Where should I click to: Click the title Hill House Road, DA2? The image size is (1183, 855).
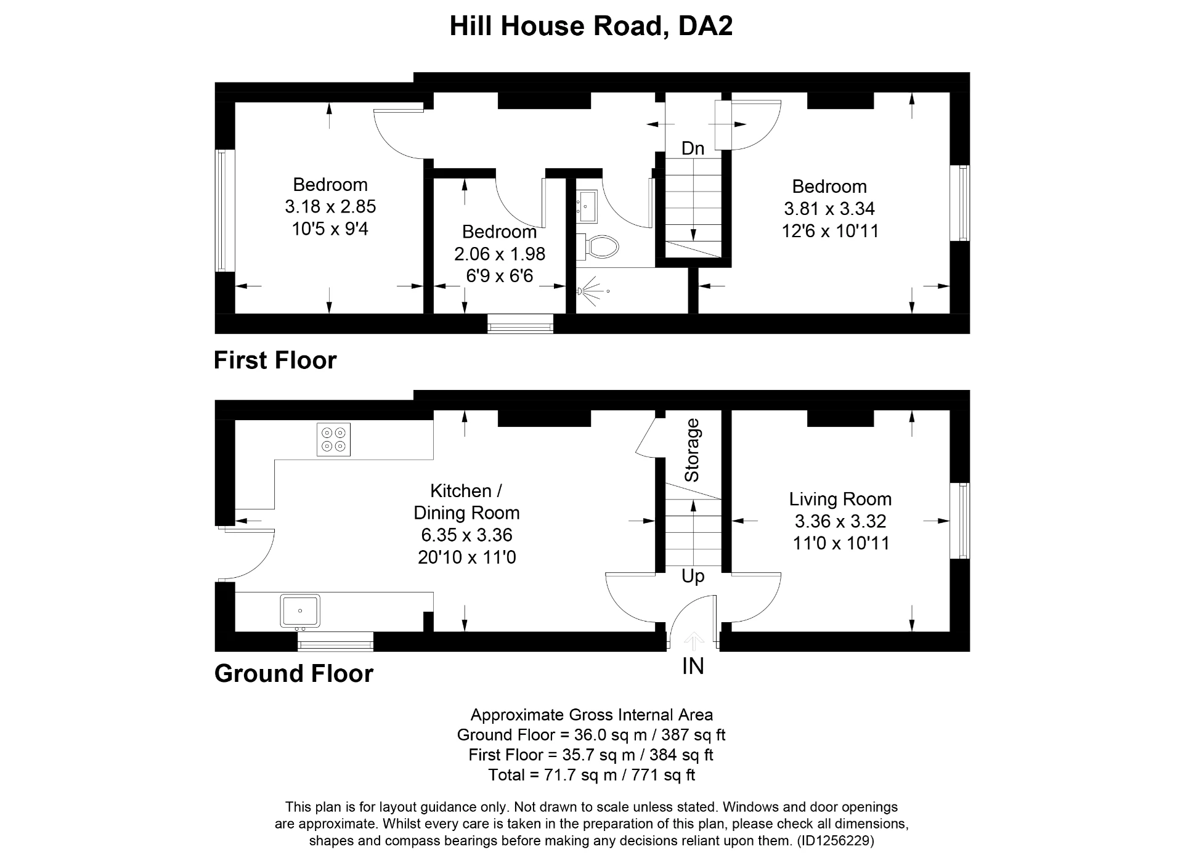591,26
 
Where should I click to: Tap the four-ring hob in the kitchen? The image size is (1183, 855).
333,439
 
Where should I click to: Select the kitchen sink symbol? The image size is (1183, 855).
300,610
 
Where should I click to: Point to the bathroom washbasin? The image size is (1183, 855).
586,206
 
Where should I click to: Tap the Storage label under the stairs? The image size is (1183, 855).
693,450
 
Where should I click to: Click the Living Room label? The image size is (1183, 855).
840,499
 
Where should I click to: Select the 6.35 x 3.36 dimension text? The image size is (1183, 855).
466,535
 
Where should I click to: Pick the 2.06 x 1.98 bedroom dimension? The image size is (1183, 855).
500,254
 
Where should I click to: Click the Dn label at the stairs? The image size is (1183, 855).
693,148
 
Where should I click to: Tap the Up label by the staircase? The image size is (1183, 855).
693,577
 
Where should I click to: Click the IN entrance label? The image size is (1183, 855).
693,667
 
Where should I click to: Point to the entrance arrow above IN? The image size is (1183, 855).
694,641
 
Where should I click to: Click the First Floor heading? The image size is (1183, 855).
275,360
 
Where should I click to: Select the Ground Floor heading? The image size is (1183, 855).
293,674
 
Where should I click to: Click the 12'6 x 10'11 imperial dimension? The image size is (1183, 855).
829,231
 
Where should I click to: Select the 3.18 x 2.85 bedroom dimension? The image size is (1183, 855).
330,206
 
